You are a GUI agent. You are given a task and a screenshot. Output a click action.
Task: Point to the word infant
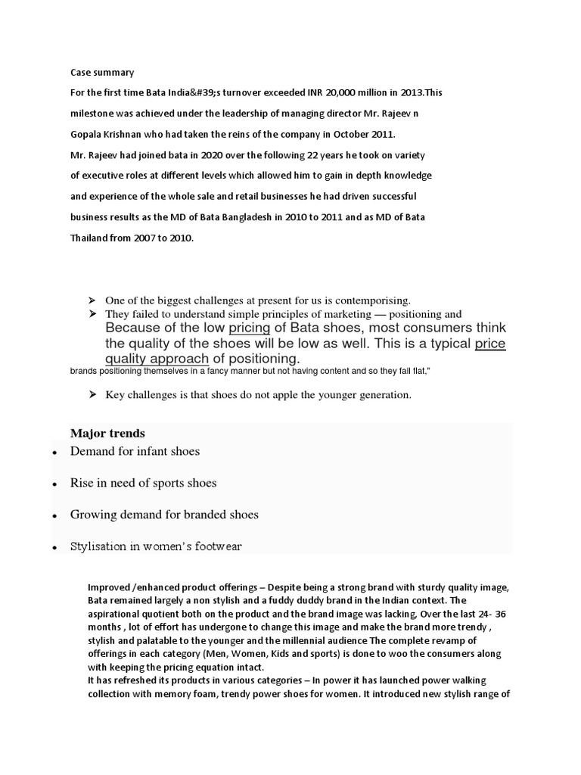(x=151, y=451)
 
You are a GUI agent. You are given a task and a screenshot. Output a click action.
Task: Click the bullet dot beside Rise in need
(x=55, y=484)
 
